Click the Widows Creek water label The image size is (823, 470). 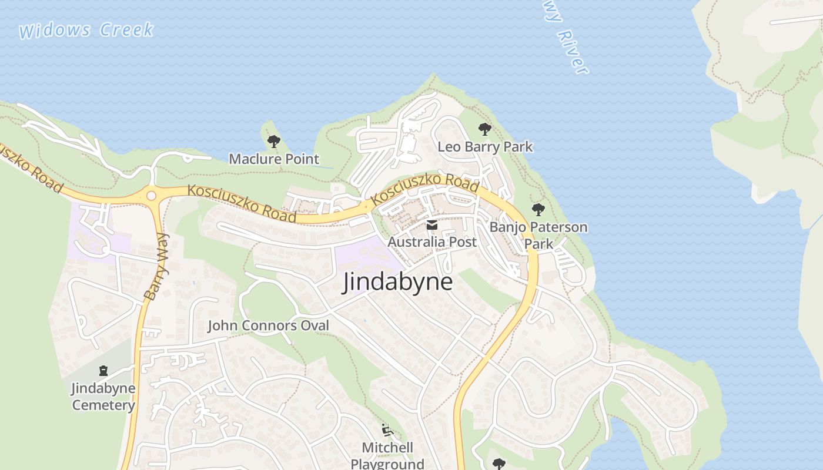tap(86, 31)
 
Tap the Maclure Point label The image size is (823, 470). tap(274, 159)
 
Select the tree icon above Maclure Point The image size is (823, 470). tap(273, 141)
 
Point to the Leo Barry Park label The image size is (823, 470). tap(485, 146)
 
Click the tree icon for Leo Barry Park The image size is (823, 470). tap(484, 129)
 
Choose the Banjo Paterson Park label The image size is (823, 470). tap(538, 234)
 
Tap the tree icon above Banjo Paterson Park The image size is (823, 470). tap(538, 209)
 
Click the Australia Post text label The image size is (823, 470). tap(432, 241)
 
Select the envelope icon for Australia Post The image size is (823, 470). tap(432, 225)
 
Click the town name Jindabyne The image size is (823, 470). tap(397, 282)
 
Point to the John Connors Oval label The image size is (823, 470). tap(268, 325)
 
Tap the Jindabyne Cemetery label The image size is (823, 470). tap(103, 397)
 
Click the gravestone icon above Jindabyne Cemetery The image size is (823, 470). tap(103, 371)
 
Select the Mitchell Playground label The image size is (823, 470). tap(387, 455)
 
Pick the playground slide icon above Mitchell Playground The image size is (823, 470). tap(387, 431)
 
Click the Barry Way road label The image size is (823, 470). tap(156, 267)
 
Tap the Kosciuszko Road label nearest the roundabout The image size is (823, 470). tap(242, 203)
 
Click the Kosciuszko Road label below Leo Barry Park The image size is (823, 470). tap(426, 189)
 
